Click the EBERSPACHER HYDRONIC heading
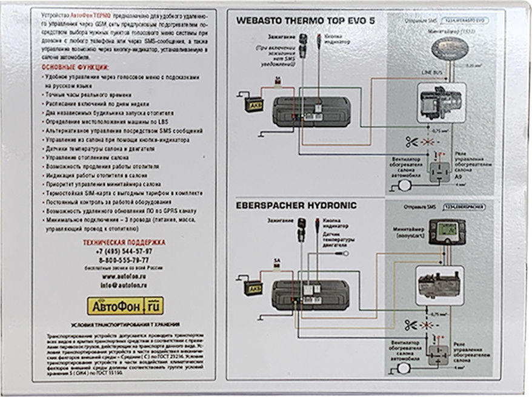296,206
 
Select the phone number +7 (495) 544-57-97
124,251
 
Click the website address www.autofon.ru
125,276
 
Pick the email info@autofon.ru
125,284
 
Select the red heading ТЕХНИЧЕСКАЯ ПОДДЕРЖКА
124,242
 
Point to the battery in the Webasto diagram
254,103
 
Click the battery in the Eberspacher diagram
253,286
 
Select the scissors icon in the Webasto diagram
412,143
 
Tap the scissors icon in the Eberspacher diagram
412,325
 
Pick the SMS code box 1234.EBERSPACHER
465,206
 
